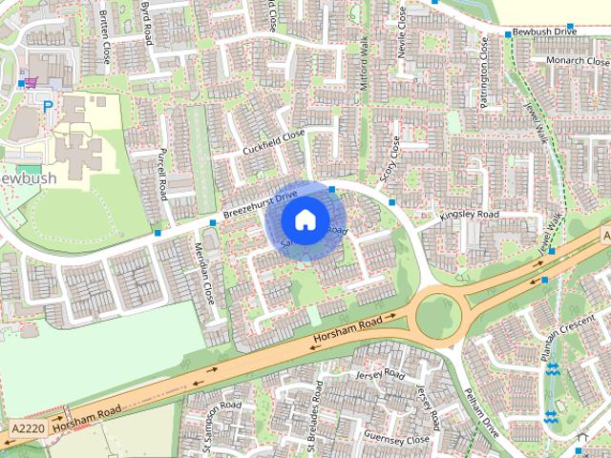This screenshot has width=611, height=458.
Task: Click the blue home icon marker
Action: (304, 220)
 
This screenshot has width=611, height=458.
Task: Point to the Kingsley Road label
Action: (469, 217)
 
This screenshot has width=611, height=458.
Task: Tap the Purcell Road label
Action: (162, 174)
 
